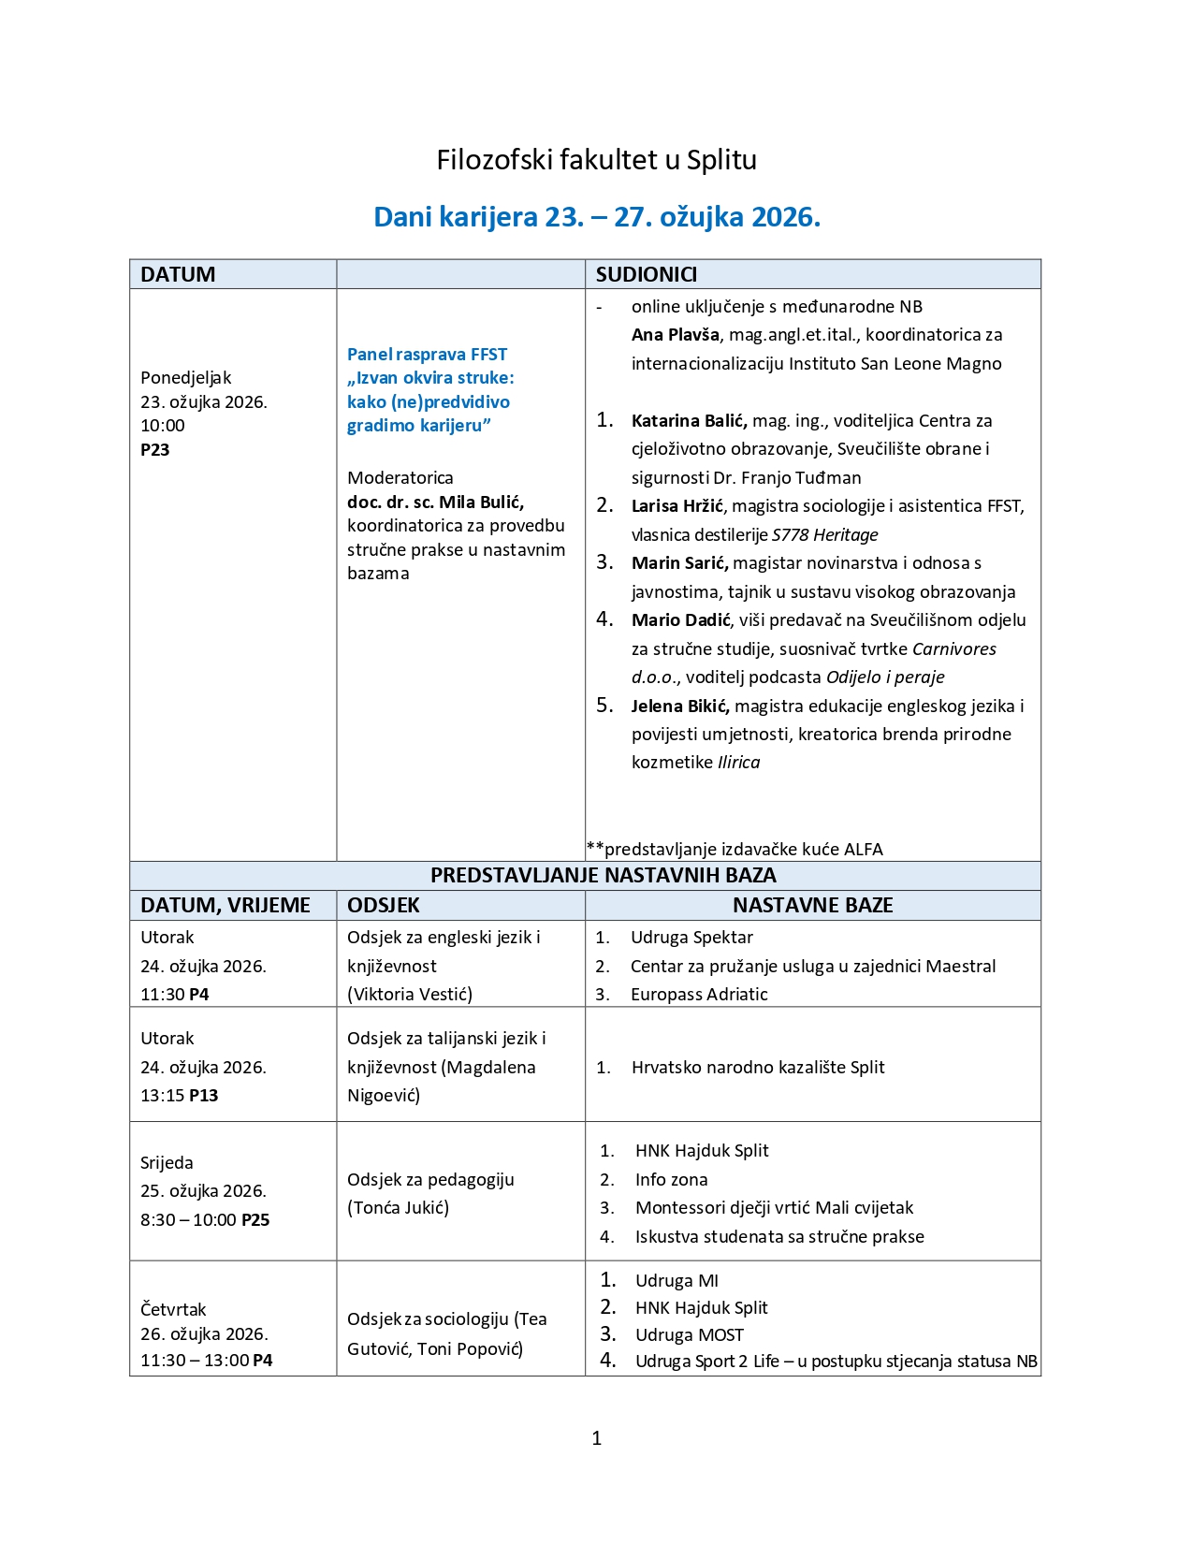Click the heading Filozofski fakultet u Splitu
596,160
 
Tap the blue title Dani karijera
596,217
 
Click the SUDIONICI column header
646,274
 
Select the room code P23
155,450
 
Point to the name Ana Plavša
675,335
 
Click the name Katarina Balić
689,421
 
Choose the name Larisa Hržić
677,506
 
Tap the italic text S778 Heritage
824,535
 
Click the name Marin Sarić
680,563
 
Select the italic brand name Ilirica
738,763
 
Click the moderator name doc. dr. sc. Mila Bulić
435,503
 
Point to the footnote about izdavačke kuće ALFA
735,850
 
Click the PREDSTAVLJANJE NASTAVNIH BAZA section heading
603,876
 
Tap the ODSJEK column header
383,906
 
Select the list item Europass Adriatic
699,995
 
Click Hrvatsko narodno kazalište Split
758,1068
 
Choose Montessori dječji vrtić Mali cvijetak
774,1208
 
